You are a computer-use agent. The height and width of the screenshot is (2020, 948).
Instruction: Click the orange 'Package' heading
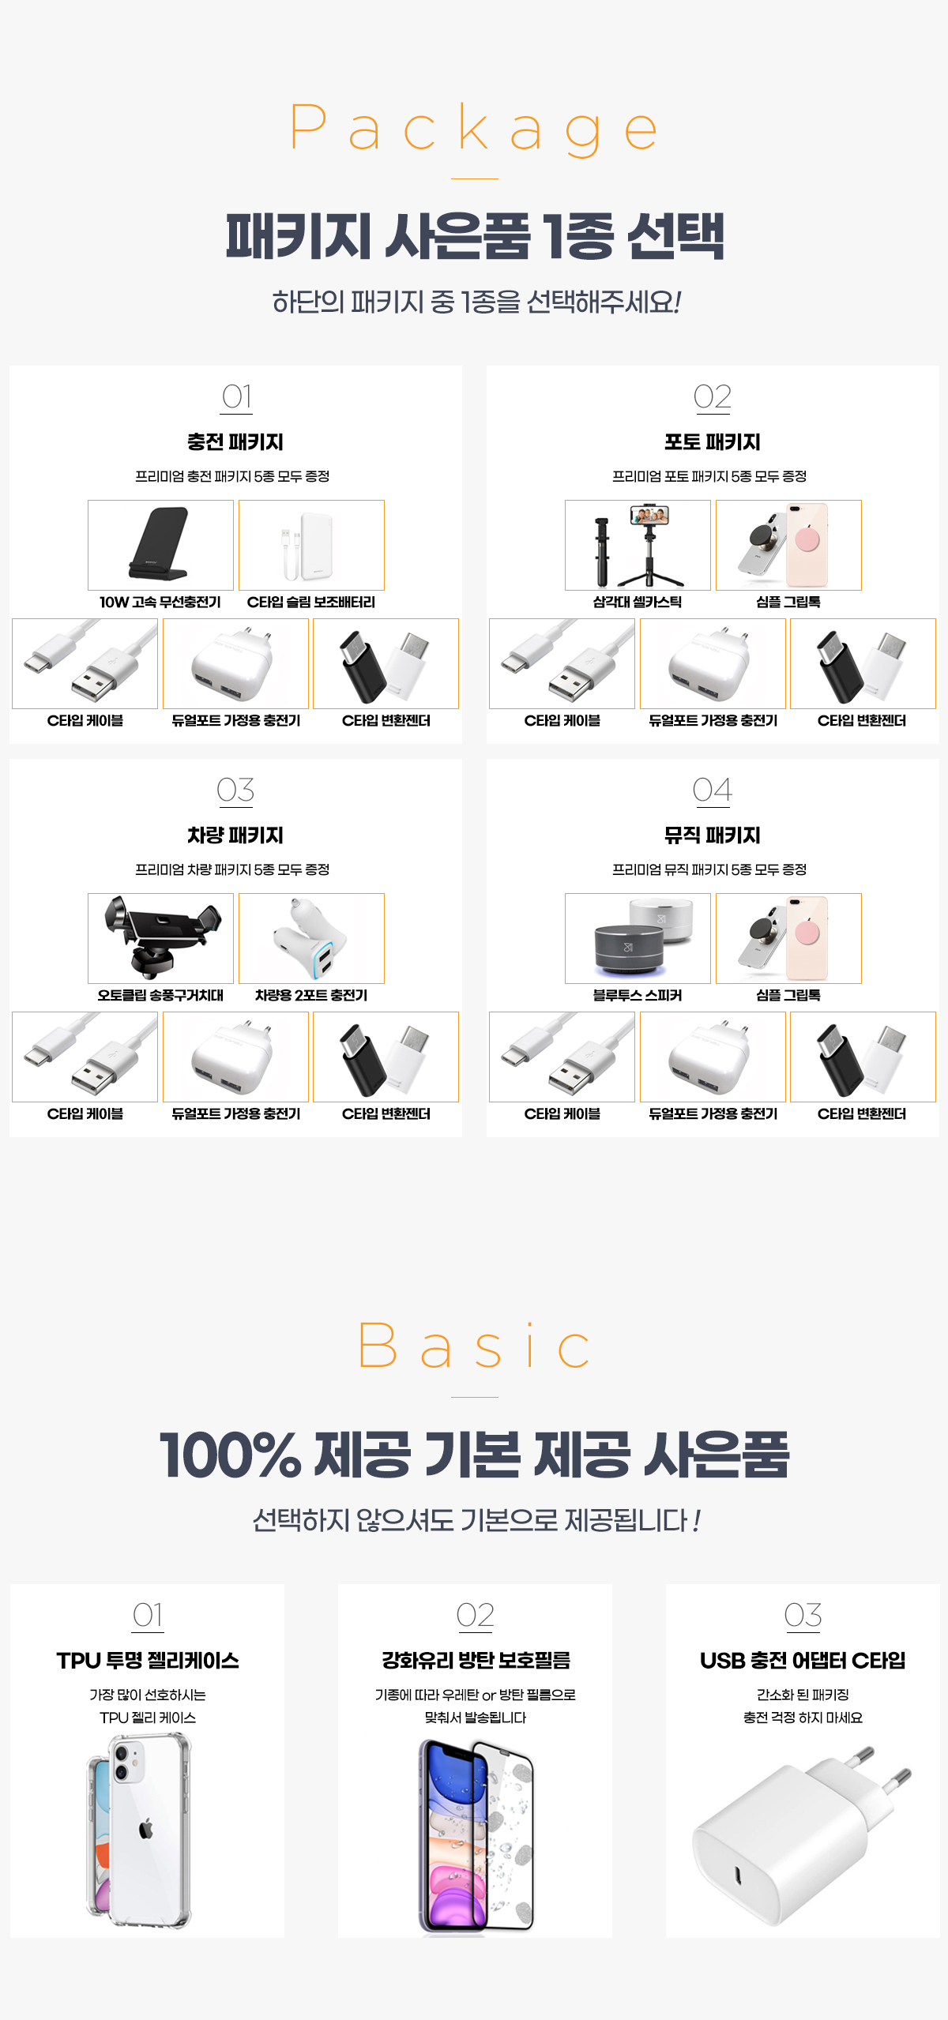click(x=474, y=128)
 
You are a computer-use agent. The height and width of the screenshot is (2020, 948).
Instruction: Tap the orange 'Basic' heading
click(x=474, y=1346)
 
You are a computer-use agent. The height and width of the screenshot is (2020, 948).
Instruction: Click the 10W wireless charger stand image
click(x=160, y=545)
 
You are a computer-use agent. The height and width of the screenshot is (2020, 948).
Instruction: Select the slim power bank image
click(x=311, y=545)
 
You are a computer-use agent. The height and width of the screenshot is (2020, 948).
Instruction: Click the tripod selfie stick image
click(x=638, y=545)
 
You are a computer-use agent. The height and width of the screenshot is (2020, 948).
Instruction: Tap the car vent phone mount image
click(x=160, y=938)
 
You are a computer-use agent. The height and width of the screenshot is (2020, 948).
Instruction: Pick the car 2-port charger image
click(x=311, y=938)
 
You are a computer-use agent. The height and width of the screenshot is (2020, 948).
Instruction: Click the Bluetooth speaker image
click(x=638, y=938)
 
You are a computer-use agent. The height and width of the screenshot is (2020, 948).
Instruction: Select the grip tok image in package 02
click(x=788, y=545)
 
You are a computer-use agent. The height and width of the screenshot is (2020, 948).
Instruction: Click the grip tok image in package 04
click(x=788, y=938)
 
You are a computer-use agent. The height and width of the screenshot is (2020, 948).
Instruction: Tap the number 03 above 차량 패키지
click(x=235, y=790)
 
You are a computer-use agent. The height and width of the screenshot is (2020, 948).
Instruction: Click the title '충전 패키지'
click(x=235, y=442)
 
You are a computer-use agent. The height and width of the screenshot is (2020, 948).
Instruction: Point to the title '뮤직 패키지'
click(x=713, y=835)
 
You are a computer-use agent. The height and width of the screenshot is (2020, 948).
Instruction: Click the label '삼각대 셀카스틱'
click(x=638, y=602)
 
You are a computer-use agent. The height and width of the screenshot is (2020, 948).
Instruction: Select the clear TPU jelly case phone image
click(x=141, y=1830)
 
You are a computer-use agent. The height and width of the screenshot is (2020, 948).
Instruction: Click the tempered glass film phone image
click(x=476, y=1835)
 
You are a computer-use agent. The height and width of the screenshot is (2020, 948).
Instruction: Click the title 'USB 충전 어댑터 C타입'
click(x=803, y=1661)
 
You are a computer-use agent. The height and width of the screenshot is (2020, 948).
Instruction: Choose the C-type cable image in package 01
click(x=85, y=663)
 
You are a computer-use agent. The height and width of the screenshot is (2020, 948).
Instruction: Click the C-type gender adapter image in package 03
click(x=386, y=1057)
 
